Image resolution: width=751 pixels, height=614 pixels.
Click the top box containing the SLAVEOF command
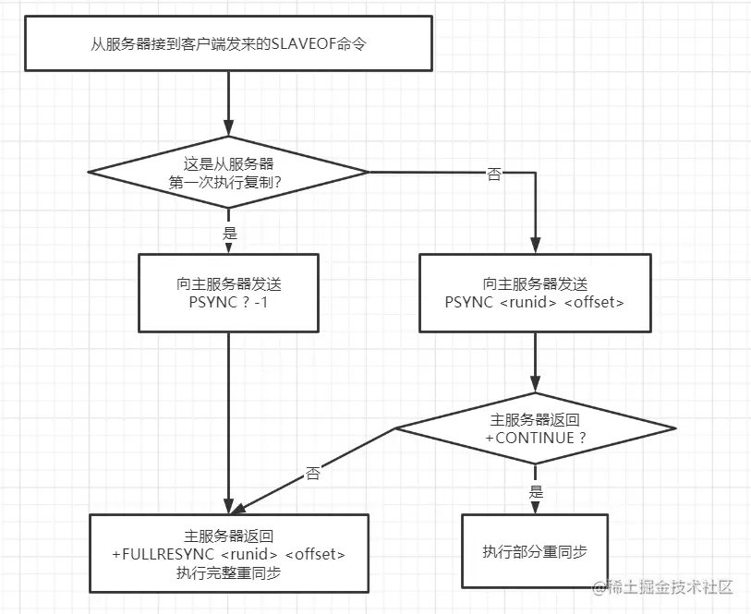tap(227, 43)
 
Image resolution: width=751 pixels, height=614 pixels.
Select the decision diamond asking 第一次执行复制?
tap(227, 172)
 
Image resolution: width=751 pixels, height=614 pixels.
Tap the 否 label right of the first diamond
tap(494, 175)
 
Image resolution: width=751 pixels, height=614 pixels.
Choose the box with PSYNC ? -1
tap(227, 293)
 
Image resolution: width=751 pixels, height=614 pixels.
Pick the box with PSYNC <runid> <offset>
tap(535, 293)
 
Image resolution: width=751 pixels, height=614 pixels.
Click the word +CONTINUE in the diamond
tap(528, 438)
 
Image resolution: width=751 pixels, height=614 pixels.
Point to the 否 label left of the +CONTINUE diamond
tap(313, 474)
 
